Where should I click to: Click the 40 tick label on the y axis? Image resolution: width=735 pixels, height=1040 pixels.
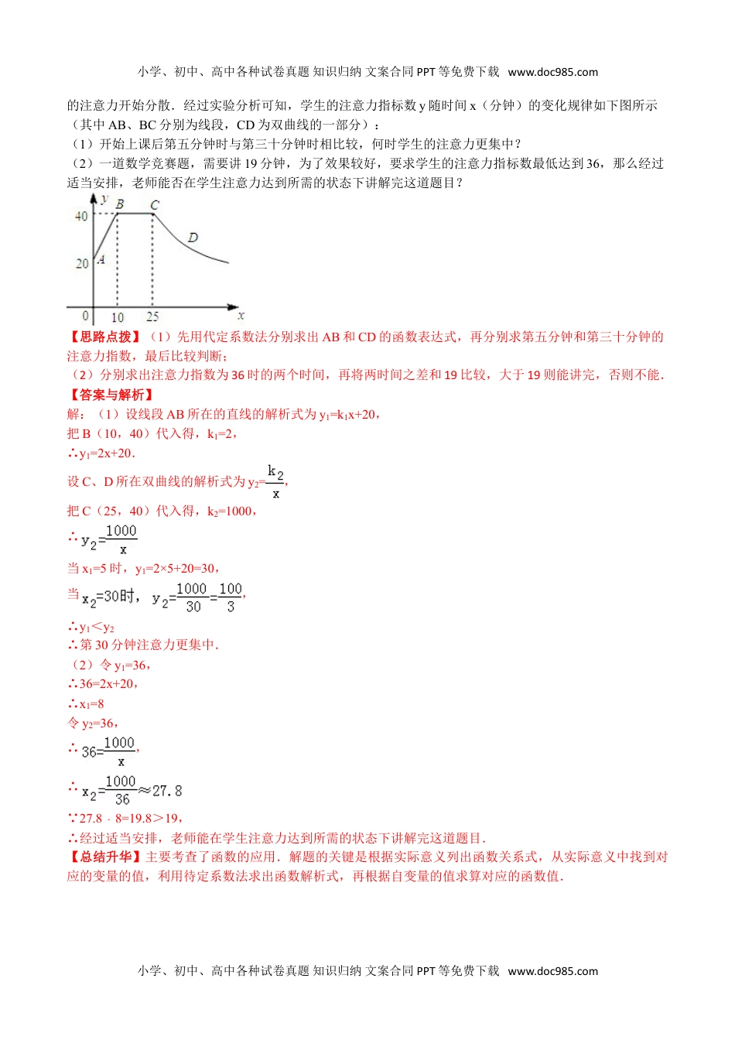point(81,217)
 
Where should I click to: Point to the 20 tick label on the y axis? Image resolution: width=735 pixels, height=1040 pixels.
point(81,264)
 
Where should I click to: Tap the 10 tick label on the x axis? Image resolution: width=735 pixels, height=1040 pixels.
point(118,317)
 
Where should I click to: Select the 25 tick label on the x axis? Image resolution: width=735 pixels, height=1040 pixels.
point(152,317)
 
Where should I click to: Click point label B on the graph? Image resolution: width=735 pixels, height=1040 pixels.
point(120,204)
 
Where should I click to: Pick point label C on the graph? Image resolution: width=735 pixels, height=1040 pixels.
point(155,205)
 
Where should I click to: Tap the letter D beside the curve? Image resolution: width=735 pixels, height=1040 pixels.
point(193,238)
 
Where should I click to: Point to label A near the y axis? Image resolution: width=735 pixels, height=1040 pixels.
point(101,260)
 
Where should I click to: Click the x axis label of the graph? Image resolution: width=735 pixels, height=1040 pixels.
point(241,316)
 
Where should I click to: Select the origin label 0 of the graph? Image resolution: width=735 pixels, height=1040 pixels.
point(85,316)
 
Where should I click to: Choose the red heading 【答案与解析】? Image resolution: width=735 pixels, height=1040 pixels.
point(111,395)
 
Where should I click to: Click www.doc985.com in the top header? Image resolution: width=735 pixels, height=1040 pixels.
point(552,72)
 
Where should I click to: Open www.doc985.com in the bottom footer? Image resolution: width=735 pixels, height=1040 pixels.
point(552,971)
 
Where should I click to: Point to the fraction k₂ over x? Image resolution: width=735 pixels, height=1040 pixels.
point(275,481)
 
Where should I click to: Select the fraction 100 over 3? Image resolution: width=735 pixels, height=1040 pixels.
point(231,597)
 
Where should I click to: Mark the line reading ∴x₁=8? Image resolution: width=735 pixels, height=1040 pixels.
point(86,704)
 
